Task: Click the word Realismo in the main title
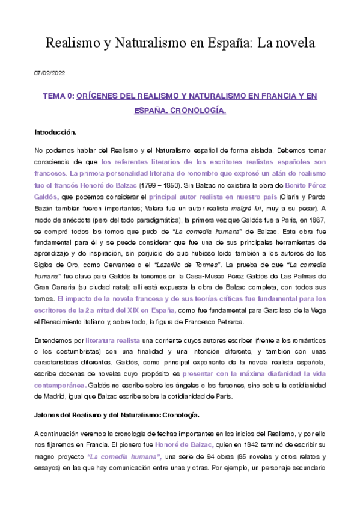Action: click(x=72, y=43)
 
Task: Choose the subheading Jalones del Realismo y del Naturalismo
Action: click(x=103, y=415)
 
